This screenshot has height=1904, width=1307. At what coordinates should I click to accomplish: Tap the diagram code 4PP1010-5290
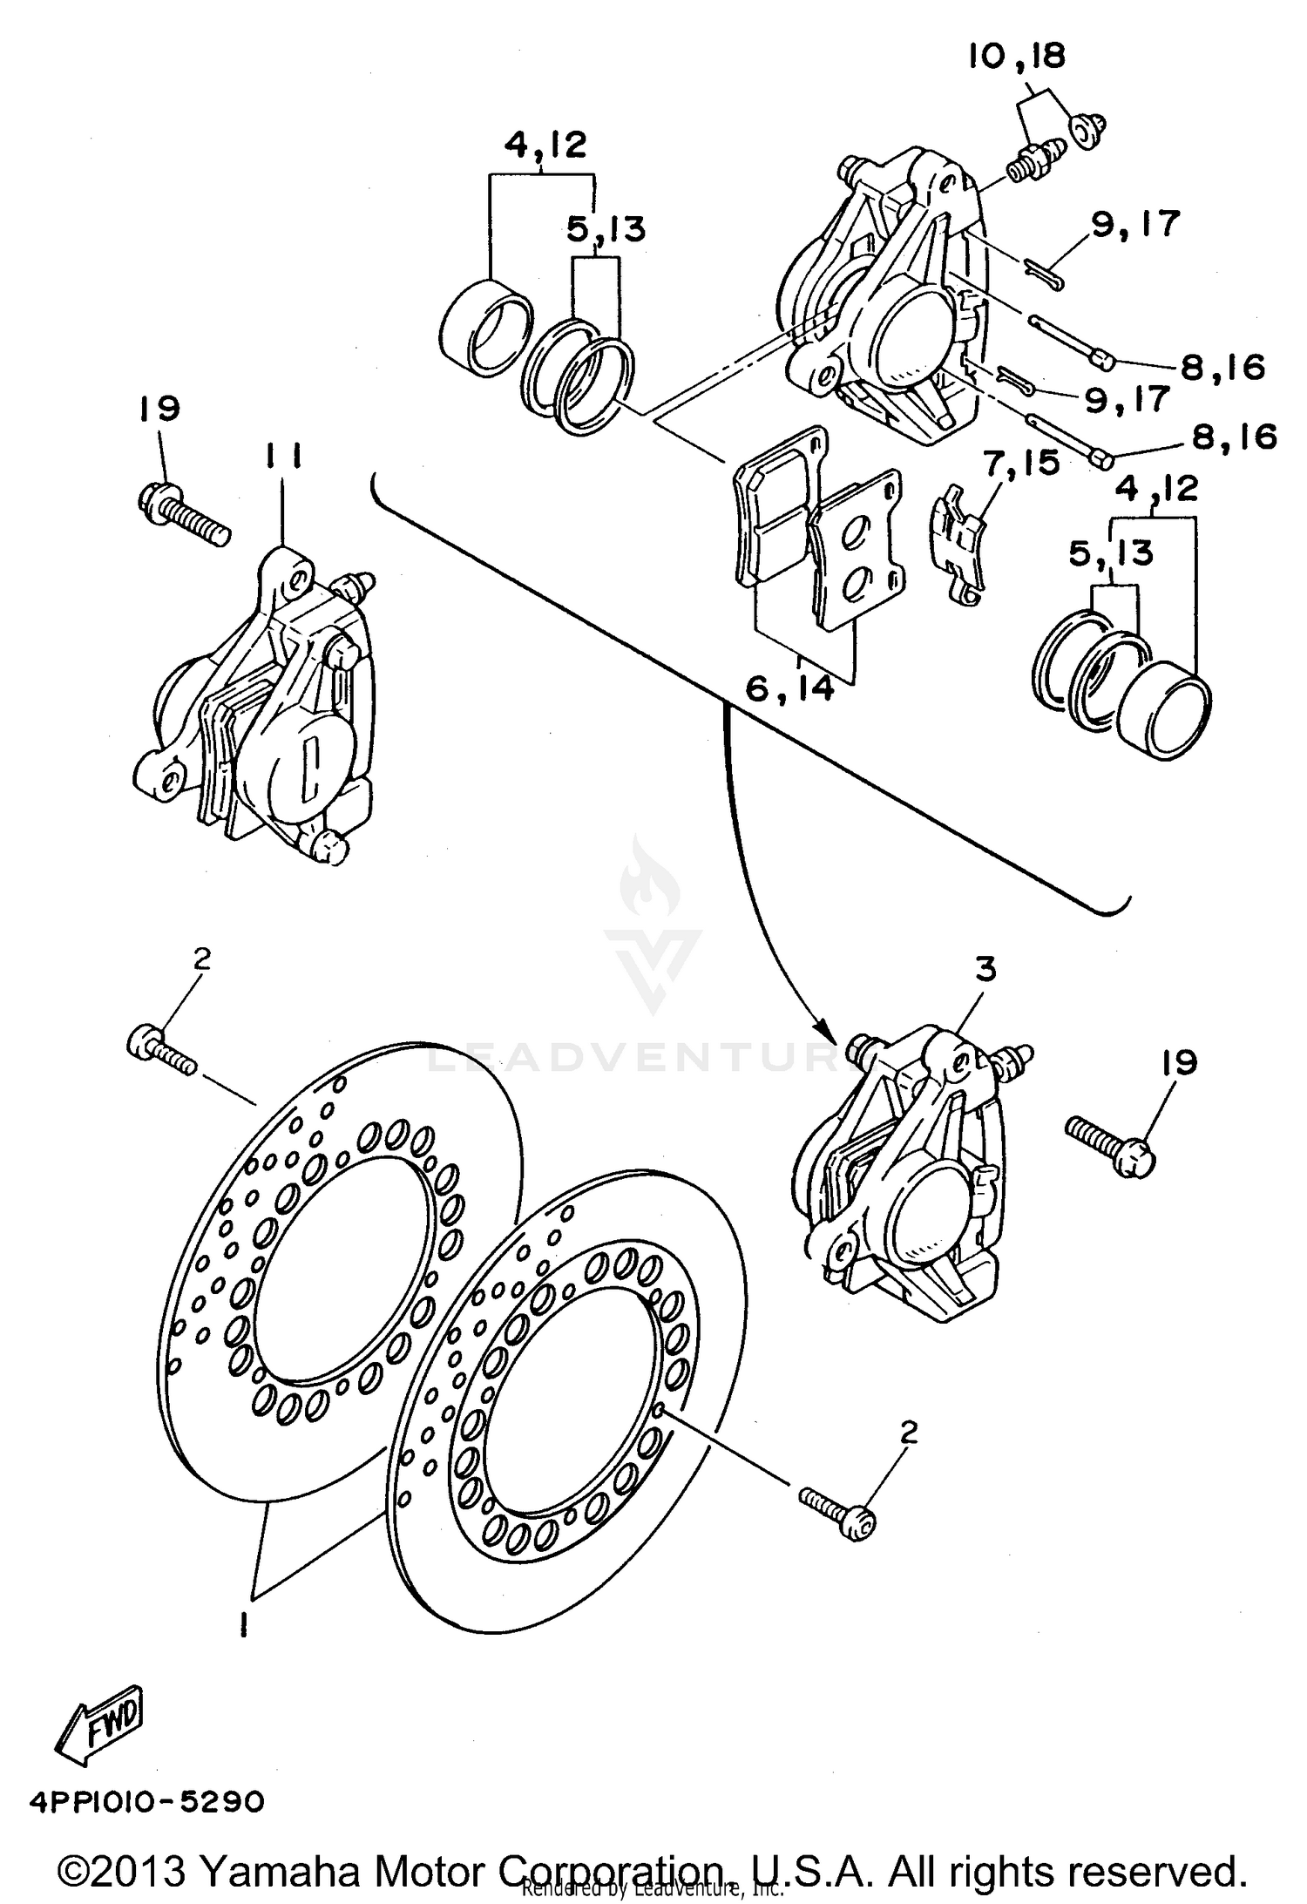point(146,1801)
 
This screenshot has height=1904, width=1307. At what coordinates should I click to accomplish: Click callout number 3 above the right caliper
point(985,971)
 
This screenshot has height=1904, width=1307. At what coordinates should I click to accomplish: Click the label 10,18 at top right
point(1016,58)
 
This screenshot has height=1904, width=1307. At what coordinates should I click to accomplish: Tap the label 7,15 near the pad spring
point(1021,463)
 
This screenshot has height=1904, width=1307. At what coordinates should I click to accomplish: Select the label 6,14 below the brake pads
point(789,689)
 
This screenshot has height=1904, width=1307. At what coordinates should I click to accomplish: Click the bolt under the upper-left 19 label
point(184,514)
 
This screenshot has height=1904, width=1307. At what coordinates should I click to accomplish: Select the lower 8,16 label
point(1234,437)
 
